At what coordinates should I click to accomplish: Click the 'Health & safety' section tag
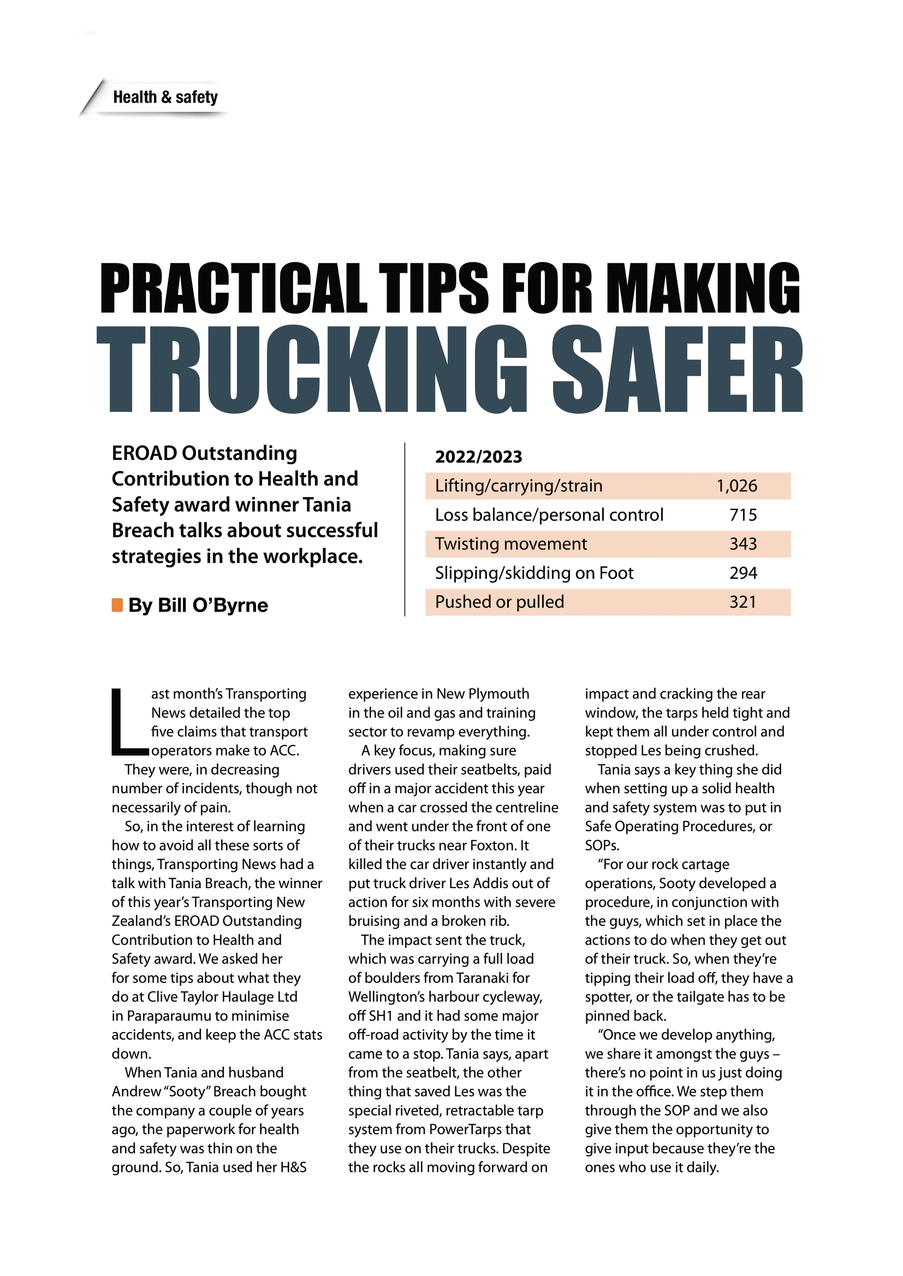click(x=164, y=97)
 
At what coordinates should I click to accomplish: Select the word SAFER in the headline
click(x=677, y=369)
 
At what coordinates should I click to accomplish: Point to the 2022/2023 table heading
click(x=478, y=457)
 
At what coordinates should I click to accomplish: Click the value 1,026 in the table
click(x=736, y=486)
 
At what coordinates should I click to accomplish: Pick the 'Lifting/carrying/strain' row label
click(x=518, y=486)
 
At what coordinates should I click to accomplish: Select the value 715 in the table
click(x=743, y=514)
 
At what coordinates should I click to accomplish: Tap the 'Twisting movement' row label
click(x=510, y=543)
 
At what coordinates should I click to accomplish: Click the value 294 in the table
click(x=743, y=573)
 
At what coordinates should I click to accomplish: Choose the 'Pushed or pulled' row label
click(x=500, y=602)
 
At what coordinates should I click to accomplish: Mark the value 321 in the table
click(x=743, y=602)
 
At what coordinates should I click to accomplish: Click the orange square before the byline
click(x=117, y=604)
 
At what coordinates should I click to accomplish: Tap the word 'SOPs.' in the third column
click(x=602, y=845)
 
